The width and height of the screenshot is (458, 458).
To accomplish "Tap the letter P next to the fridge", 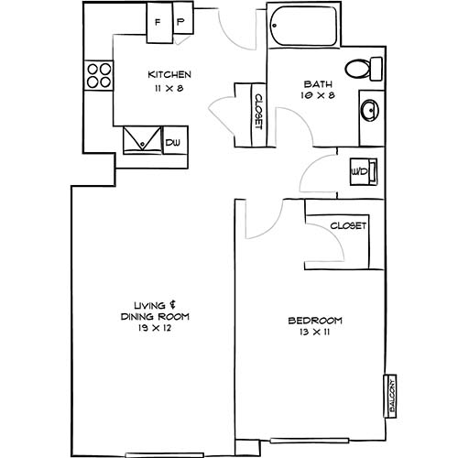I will pyautogui.click(x=180, y=21).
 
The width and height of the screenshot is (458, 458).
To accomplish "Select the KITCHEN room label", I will pyautogui.click(x=169, y=75).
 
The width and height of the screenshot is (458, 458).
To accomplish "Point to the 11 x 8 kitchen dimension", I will pyautogui.click(x=169, y=88).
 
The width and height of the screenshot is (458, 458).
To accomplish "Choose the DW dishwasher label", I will pyautogui.click(x=174, y=142).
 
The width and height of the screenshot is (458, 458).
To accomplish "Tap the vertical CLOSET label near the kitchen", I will pyautogui.click(x=258, y=112).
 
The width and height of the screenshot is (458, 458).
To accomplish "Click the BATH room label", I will pyautogui.click(x=318, y=83).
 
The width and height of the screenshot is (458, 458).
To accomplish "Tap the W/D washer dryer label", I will pyautogui.click(x=360, y=171).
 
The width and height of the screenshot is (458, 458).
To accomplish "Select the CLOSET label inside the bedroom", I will pyautogui.click(x=348, y=224).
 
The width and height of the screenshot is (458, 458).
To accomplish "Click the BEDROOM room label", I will pyautogui.click(x=315, y=320).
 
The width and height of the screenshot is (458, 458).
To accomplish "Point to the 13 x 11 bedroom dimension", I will pyautogui.click(x=315, y=333).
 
